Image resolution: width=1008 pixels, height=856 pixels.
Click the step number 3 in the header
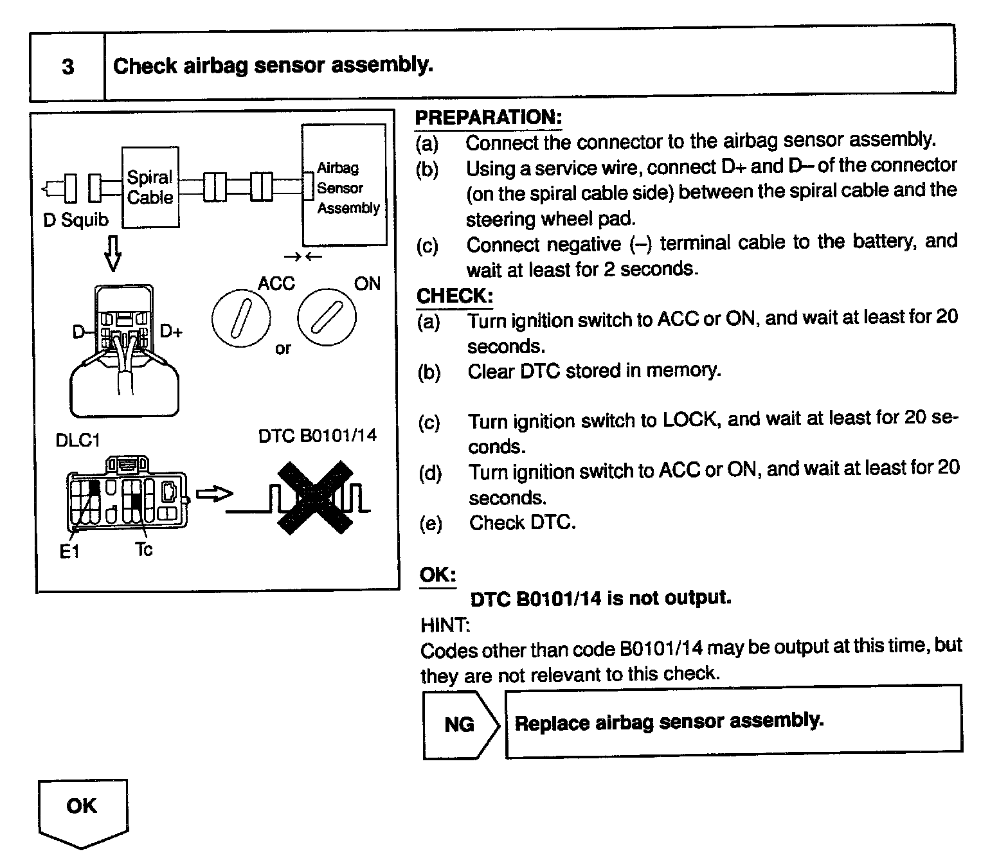[x=67, y=67]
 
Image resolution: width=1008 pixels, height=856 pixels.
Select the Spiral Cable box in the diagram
[x=150, y=187]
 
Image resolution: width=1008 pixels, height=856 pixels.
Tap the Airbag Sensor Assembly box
[x=345, y=185]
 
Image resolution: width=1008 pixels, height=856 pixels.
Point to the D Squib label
[x=75, y=220]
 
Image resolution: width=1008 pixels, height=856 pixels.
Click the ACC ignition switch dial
[x=241, y=319]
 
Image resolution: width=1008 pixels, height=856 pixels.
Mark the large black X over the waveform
[x=315, y=497]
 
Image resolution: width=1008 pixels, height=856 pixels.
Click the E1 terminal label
[x=69, y=551]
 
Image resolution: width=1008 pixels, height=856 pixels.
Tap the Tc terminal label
[x=144, y=549]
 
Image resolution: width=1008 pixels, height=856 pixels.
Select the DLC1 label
[x=78, y=440]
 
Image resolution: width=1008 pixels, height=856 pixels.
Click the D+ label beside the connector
[x=171, y=332]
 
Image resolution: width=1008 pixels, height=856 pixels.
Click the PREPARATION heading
[x=489, y=118]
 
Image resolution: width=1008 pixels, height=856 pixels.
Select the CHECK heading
[x=455, y=296]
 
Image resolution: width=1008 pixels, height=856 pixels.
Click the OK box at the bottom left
[x=82, y=808]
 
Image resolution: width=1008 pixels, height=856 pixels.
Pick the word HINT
[x=445, y=625]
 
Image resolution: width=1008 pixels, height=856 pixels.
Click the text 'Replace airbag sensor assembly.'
[x=669, y=722]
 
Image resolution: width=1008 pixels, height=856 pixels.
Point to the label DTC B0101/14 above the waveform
[x=318, y=436]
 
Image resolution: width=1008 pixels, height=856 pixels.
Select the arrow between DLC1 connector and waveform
[x=213, y=494]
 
